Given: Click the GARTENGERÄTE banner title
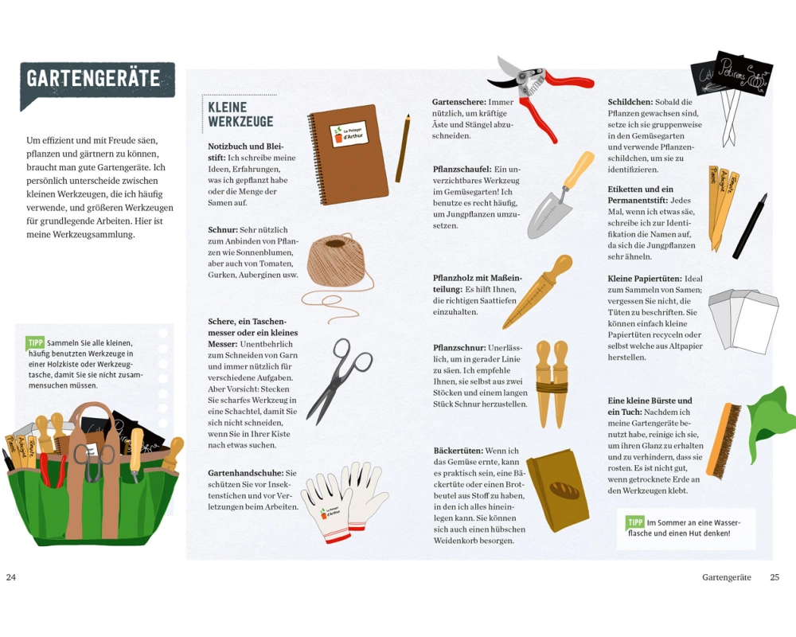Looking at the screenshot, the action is click(x=93, y=79).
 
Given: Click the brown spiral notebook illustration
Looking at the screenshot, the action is click(x=349, y=154).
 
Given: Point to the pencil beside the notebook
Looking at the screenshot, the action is click(x=403, y=148).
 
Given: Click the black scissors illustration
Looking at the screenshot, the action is click(x=339, y=381).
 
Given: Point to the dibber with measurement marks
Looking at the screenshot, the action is click(x=537, y=292).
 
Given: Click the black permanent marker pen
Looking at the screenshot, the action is click(x=750, y=225).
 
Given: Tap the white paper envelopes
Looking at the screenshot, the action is click(x=743, y=321).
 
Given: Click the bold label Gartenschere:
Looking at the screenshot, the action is click(x=459, y=102).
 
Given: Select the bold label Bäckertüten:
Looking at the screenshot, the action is click(x=458, y=451).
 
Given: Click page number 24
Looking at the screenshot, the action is click(x=10, y=577).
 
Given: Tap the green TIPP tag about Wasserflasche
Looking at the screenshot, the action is click(x=635, y=522).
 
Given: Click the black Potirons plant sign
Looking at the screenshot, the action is click(x=745, y=74).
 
